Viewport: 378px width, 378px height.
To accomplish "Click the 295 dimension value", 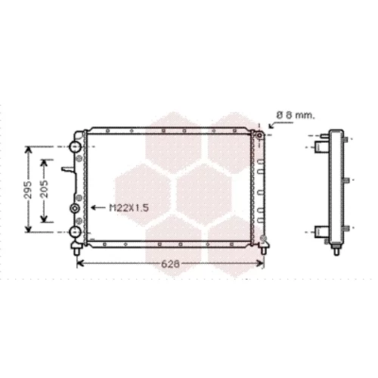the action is pyautogui.click(x=29, y=189).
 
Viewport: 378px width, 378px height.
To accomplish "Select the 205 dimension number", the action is pyautogui.click(x=45, y=189).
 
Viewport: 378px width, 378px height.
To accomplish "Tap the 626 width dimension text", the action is pyautogui.click(x=171, y=264).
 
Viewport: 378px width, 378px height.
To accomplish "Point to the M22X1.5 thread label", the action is pyautogui.click(x=129, y=208).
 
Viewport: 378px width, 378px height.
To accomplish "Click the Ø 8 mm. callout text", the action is pyautogui.click(x=296, y=116).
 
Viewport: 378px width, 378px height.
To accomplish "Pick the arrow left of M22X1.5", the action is pyautogui.click(x=98, y=208).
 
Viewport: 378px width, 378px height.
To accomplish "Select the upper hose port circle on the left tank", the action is pyautogui.click(x=76, y=147).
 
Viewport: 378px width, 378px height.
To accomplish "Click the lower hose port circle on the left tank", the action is pyautogui.click(x=76, y=232).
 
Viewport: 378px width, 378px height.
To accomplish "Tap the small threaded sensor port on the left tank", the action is pyautogui.click(x=75, y=208).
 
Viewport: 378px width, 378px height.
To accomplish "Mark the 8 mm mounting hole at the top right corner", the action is pyautogui.click(x=259, y=135).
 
